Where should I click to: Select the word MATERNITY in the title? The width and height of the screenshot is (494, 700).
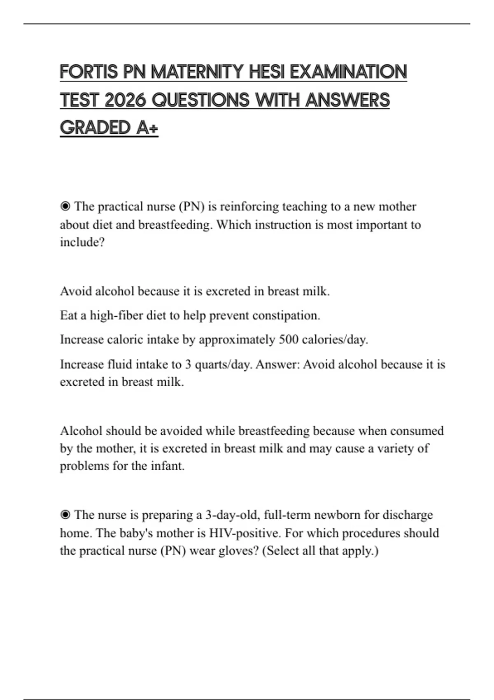[198, 72]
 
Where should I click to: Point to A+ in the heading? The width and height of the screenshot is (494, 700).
[147, 128]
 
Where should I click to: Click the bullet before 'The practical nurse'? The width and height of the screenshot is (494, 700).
[65, 206]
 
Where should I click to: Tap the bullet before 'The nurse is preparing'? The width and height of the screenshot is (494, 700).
[65, 515]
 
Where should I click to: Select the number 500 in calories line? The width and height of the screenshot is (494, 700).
[289, 340]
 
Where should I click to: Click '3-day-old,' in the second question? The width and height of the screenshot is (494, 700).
[233, 515]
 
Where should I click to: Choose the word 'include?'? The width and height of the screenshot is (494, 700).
[82, 242]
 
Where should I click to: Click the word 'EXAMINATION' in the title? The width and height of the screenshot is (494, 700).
[348, 72]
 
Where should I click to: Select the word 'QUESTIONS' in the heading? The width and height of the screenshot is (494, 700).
[201, 100]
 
